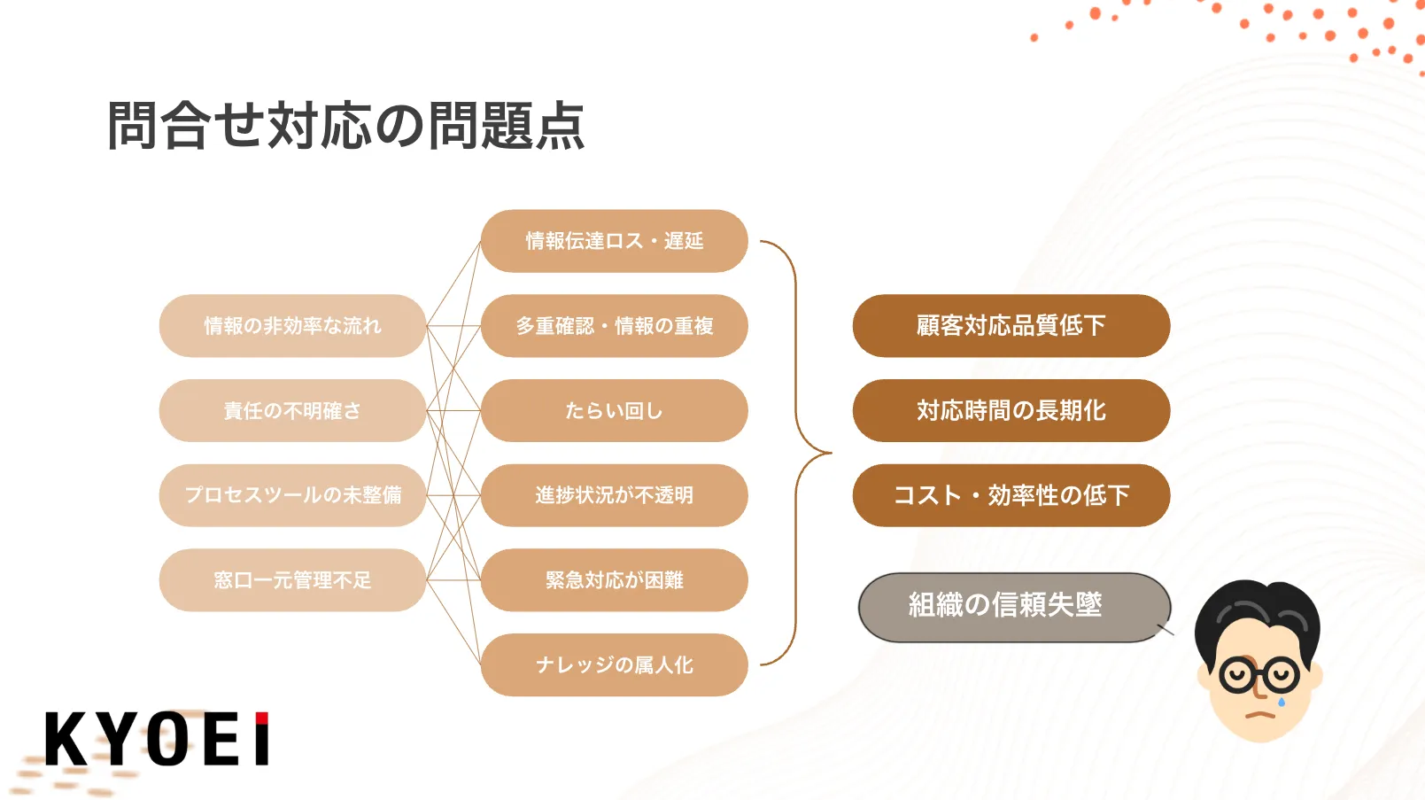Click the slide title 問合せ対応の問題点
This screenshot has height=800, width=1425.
345,126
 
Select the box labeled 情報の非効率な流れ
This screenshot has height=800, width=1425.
292,326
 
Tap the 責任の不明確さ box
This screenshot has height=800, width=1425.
292,410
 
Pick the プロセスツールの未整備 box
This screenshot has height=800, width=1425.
292,495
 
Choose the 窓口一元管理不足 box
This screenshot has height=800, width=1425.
292,579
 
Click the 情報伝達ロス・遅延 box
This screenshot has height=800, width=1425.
614,241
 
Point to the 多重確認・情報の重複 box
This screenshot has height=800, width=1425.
614,326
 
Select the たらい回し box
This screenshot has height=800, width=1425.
614,410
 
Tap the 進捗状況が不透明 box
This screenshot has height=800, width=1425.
614,495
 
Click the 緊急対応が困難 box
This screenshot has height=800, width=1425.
614,579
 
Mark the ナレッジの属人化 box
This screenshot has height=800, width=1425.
614,664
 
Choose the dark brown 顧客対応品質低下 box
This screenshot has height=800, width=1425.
1011,326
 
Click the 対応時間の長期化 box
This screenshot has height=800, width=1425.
1011,410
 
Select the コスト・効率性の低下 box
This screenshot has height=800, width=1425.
1011,495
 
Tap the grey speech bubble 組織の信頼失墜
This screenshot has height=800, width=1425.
1014,607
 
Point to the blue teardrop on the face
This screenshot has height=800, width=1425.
1282,702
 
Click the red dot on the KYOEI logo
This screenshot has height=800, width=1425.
261,718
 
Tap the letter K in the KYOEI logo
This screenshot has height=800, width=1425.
66,738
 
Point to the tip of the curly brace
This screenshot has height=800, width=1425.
831,453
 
